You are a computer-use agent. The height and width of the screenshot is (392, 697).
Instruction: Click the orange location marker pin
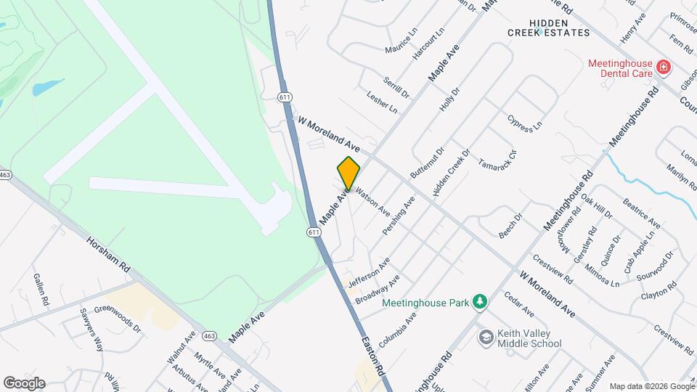[348, 173]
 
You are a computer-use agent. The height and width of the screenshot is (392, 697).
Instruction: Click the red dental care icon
[663, 68]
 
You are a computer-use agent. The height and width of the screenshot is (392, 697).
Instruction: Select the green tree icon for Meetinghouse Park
[478, 301]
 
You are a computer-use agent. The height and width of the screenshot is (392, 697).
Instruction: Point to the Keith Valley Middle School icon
[485, 338]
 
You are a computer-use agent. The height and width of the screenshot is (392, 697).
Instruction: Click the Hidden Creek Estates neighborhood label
[548, 28]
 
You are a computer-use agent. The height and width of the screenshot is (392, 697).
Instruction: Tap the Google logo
[24, 383]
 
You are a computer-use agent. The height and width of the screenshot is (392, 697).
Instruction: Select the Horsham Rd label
[107, 255]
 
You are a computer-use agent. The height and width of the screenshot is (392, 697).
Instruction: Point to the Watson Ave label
[371, 197]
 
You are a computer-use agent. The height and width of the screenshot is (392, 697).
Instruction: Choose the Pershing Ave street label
[399, 216]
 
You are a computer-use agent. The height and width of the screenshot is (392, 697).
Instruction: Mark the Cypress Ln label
[524, 123]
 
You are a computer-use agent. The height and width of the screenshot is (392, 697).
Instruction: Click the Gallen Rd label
[41, 288]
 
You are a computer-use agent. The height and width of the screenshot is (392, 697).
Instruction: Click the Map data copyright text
[651, 386]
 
